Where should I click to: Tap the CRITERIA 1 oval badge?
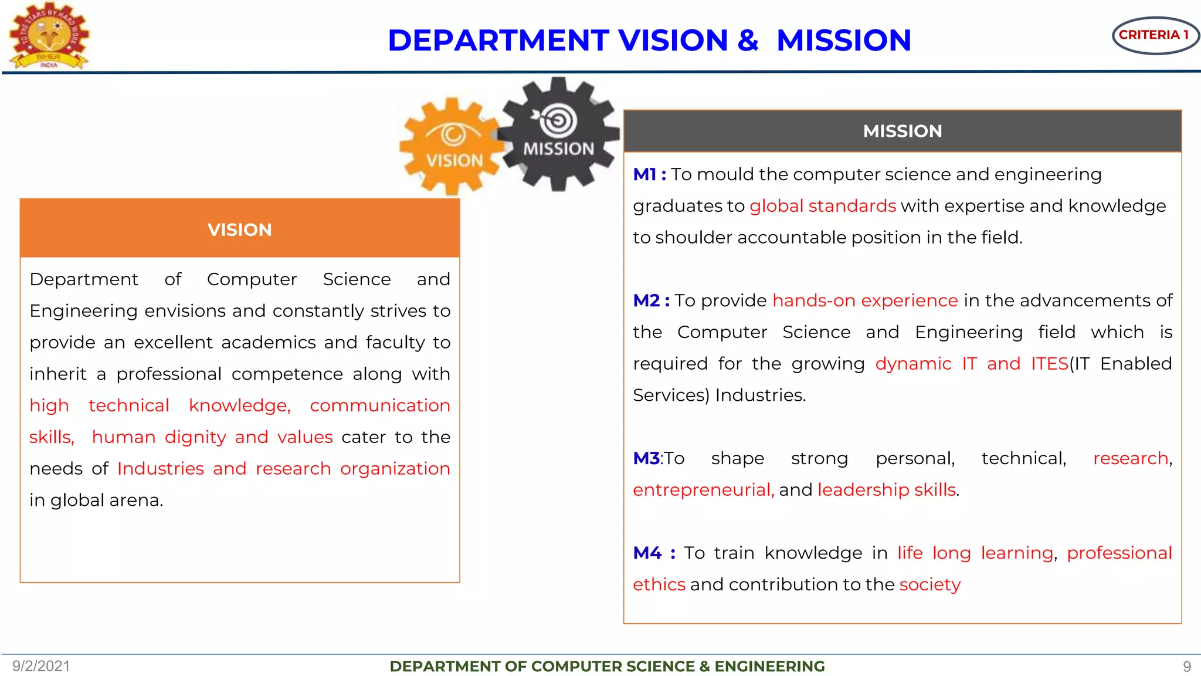coord(1155,35)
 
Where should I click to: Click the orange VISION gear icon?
coord(452,147)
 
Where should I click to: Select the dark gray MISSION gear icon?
coord(558,134)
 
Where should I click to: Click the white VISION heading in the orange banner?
coord(239,229)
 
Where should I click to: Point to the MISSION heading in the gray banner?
coord(902,131)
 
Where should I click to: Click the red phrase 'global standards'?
coord(822,206)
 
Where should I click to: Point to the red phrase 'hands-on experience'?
coord(865,300)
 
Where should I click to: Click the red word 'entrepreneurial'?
coord(703,490)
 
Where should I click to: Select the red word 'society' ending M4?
coord(929,584)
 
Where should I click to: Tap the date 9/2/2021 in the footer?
coord(41,666)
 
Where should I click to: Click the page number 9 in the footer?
coord(1186,667)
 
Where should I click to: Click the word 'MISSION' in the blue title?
coord(843,40)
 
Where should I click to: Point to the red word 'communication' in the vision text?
coord(379,405)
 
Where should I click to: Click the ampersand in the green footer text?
coord(704,667)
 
